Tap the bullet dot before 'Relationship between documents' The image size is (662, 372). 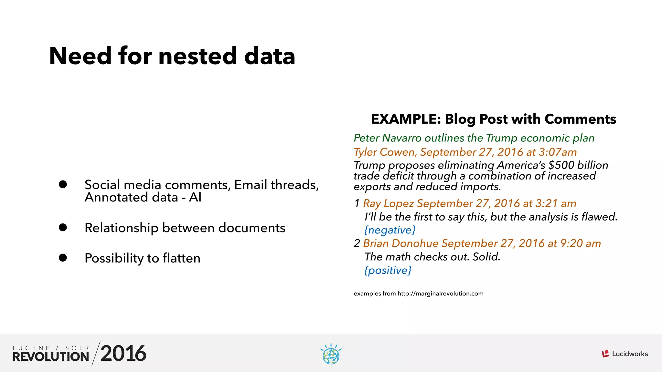63,228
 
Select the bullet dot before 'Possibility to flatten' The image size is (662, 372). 63,258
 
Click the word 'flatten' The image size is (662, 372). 181,258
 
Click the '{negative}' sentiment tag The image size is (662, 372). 390,230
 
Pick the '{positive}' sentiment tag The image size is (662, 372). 388,270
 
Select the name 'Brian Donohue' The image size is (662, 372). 401,243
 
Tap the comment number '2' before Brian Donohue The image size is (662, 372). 357,243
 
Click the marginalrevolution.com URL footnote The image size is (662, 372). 441,294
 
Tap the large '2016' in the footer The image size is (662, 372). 123,353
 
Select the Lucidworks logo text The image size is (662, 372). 630,354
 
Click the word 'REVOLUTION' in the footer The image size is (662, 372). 51,357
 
